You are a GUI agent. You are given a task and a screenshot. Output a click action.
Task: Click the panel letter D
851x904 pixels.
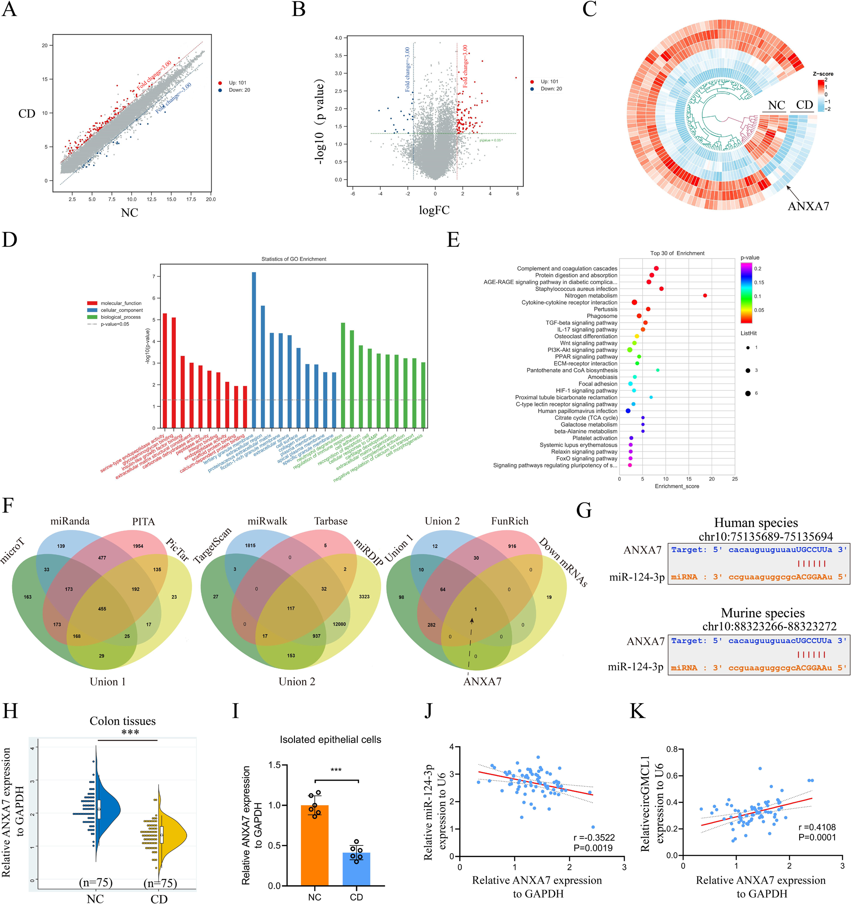tap(9, 240)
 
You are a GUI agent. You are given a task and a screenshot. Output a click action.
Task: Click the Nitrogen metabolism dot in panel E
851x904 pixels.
tap(704, 296)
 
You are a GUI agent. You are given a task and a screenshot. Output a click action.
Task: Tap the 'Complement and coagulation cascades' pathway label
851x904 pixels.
tap(567, 269)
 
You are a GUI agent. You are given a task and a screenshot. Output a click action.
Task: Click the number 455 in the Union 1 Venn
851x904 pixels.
tap(102, 609)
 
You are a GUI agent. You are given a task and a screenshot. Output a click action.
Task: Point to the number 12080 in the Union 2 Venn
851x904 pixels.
tap(339, 624)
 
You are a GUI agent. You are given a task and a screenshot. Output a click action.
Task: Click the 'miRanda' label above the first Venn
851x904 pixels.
tap(70, 521)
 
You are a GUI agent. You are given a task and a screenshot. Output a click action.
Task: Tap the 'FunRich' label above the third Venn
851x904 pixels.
tap(510, 521)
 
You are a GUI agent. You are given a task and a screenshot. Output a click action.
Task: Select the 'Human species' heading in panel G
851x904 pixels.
tap(756, 523)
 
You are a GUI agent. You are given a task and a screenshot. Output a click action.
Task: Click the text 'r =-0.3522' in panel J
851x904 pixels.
tap(594, 838)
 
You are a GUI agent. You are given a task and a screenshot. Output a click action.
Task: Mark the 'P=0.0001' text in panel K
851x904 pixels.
tap(817, 838)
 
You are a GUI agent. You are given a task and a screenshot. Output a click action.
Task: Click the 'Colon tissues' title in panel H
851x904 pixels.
tap(122, 721)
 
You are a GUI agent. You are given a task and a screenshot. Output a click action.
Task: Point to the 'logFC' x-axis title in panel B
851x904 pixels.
tap(434, 210)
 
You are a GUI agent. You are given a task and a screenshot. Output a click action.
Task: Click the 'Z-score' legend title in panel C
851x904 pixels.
tap(823, 74)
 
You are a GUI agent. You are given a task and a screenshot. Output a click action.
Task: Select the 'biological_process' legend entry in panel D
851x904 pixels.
tap(121, 317)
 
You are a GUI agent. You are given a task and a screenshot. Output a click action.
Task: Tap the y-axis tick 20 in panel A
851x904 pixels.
tap(44, 46)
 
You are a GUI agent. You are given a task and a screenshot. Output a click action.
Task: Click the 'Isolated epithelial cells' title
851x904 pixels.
tap(330, 740)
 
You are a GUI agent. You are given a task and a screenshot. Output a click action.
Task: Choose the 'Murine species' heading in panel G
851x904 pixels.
tap(762, 613)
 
